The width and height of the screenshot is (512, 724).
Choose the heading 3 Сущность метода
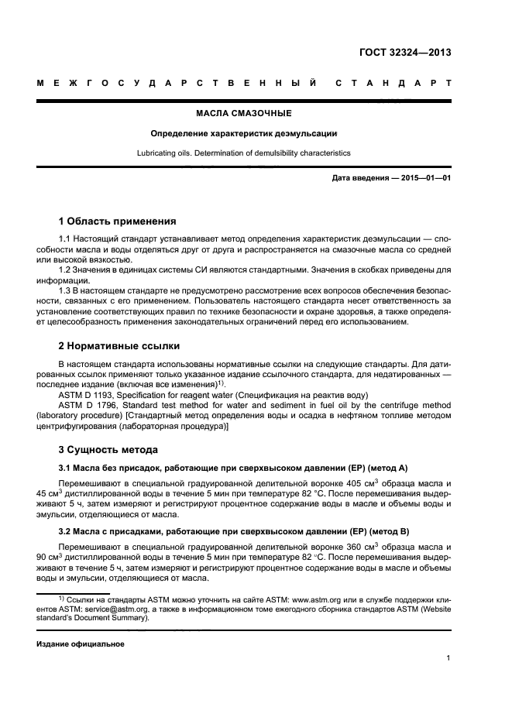point(108,449)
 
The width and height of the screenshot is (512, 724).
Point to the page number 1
point(448,658)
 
